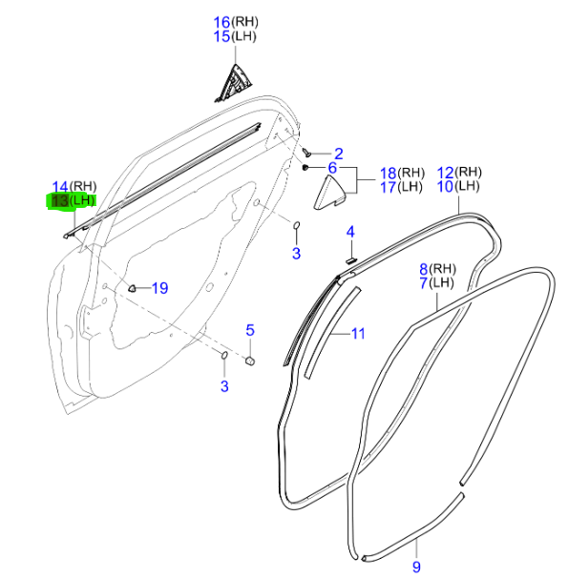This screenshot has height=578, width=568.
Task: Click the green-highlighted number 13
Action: [60, 201]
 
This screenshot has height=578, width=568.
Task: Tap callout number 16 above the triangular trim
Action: [222, 23]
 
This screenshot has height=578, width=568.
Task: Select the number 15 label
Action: [222, 37]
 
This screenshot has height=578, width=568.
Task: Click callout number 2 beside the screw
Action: [339, 154]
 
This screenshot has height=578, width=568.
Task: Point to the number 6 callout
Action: [332, 168]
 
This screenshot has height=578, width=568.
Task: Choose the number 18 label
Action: [389, 174]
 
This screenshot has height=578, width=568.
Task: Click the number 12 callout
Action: [445, 173]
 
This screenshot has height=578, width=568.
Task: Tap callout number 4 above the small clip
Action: [350, 232]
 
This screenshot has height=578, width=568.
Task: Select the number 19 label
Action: [160, 288]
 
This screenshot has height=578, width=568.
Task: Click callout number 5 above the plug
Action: [250, 330]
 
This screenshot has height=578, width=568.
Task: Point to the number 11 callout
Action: [358, 334]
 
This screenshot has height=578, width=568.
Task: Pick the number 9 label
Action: [416, 567]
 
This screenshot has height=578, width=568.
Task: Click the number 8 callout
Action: [424, 269]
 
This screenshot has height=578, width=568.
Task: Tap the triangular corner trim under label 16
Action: [233, 84]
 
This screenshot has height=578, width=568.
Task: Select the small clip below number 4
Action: [350, 260]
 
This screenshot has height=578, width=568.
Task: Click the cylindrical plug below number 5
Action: [250, 361]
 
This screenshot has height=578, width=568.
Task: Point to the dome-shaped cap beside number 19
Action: [132, 288]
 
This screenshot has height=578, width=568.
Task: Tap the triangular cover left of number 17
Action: [329, 194]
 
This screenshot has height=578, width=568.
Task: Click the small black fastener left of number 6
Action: [305, 168]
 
